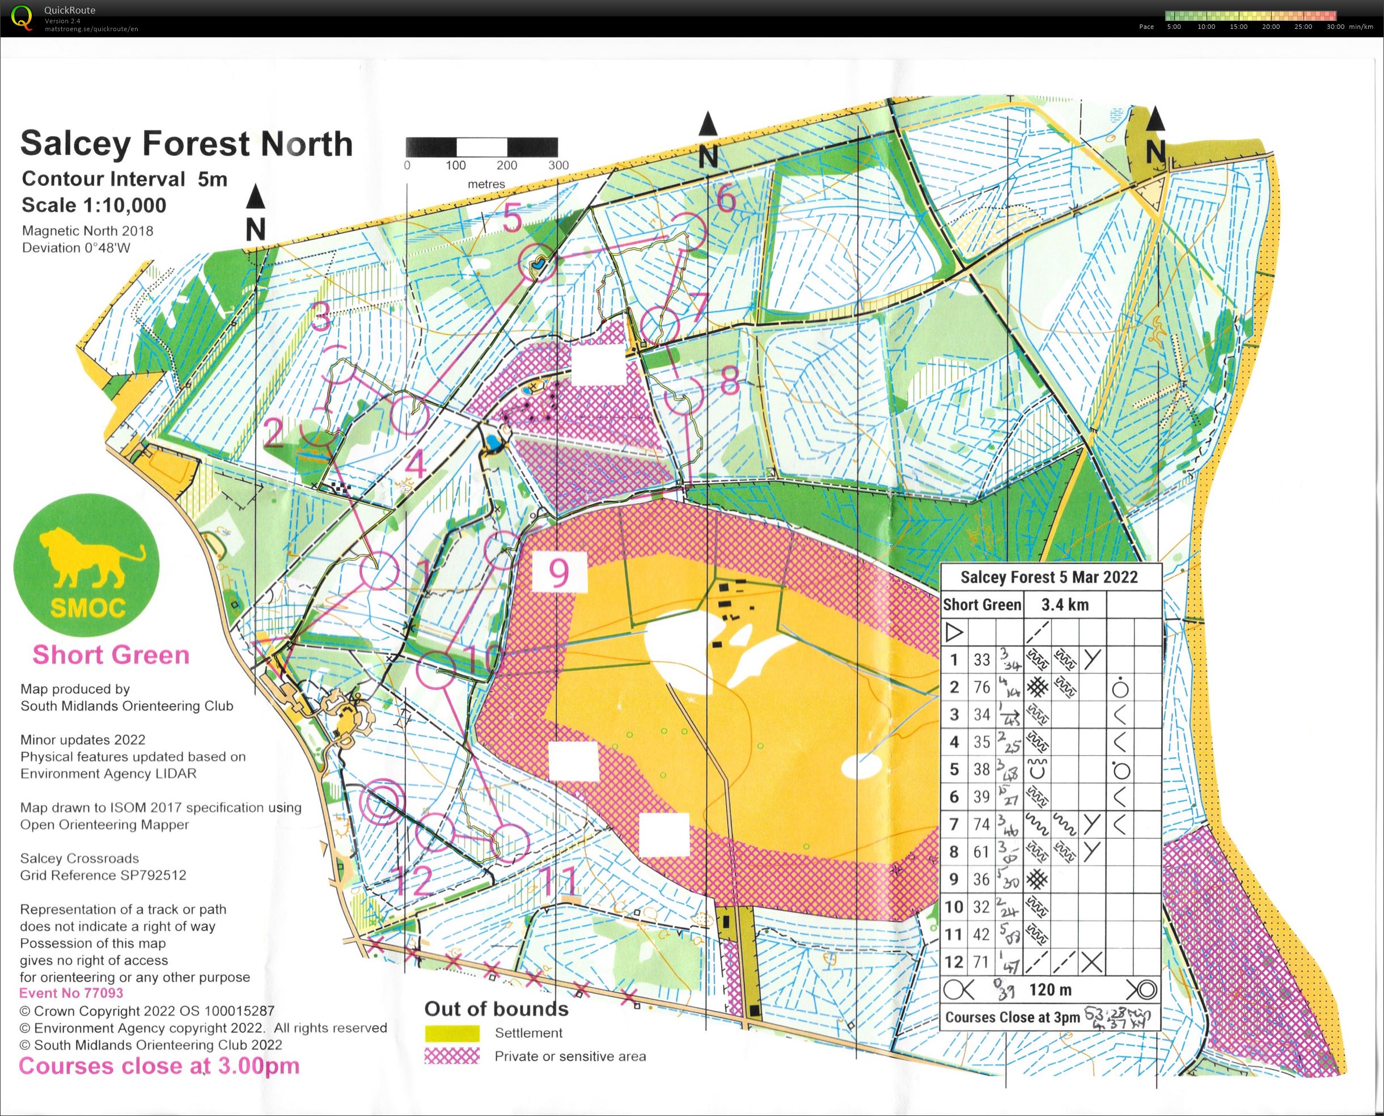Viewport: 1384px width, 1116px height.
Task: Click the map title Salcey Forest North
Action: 187,143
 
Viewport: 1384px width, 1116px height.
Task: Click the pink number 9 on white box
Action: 558,572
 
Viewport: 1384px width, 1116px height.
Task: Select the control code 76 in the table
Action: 981,687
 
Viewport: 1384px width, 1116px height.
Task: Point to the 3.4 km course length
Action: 1065,604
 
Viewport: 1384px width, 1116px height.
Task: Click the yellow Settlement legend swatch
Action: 452,1033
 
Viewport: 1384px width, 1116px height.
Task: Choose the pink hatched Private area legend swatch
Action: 452,1056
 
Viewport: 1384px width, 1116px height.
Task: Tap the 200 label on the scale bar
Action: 506,165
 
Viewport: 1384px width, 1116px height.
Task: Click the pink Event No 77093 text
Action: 71,993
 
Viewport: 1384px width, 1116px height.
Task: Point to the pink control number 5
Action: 513,218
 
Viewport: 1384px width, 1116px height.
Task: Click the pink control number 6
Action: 725,197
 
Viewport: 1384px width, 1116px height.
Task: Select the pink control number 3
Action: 320,316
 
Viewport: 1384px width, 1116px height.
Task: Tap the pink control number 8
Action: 729,381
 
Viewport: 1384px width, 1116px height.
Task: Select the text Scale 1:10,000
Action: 94,205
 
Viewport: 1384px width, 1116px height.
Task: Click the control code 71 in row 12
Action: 980,962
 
